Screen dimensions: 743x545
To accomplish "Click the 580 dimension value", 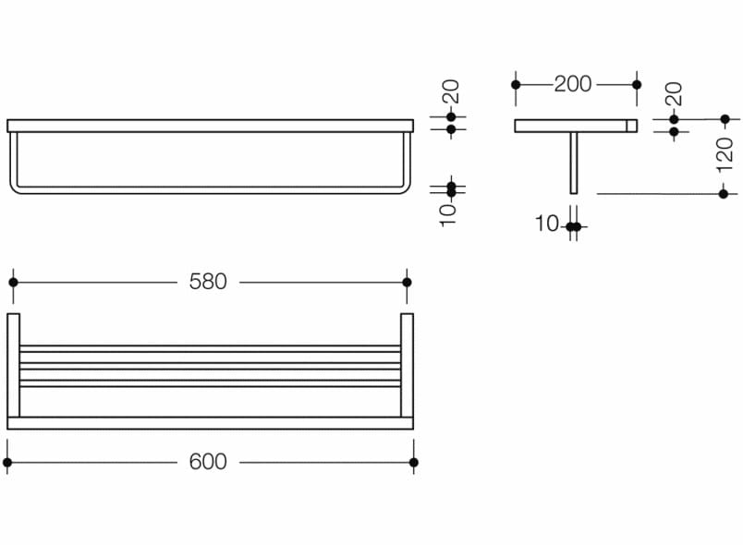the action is [x=208, y=282].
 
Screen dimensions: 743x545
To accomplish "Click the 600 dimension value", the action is [x=208, y=462].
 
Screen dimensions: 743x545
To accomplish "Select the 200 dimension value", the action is [x=573, y=84].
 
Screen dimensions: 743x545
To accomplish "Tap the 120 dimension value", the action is [x=725, y=154].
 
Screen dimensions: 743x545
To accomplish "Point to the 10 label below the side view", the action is [x=547, y=224].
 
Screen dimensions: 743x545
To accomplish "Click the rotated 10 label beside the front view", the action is [x=448, y=215].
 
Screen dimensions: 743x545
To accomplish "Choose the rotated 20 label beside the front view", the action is [x=451, y=91].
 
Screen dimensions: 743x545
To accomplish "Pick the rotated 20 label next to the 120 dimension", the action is [x=674, y=93].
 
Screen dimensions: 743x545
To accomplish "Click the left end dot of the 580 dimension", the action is [x=13, y=283].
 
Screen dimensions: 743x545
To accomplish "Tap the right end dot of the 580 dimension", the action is [x=407, y=283].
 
